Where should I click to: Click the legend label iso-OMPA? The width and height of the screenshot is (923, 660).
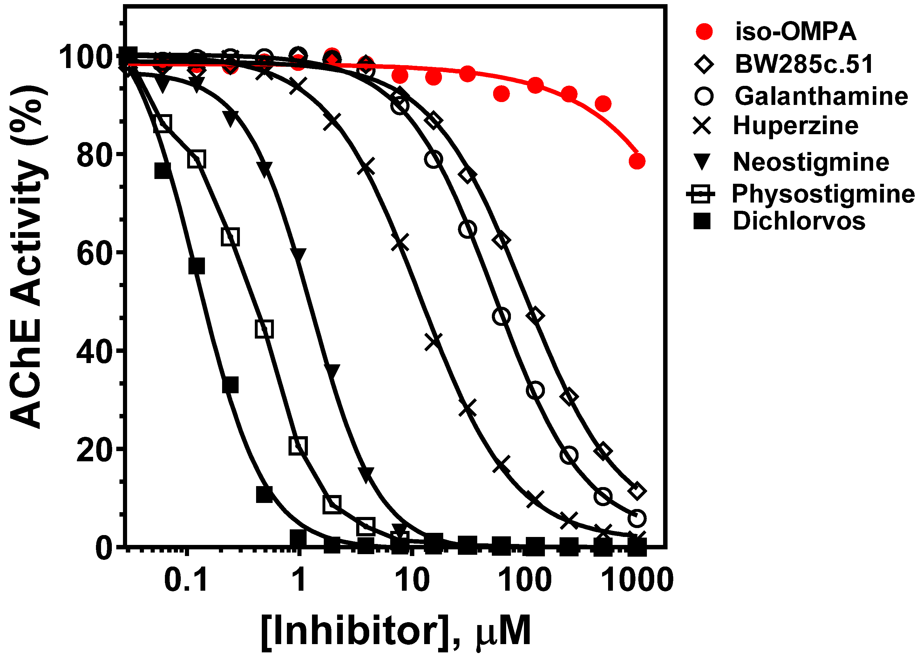795,32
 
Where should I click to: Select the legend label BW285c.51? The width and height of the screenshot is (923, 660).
804,64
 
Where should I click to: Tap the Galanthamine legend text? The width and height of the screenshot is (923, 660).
821,96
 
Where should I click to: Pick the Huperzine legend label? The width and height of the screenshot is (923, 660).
795,126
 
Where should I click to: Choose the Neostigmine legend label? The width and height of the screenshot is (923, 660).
811,162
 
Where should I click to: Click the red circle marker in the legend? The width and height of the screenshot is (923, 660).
704,32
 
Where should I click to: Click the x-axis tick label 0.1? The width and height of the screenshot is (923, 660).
186,580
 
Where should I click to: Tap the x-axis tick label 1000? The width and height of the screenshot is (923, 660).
636,580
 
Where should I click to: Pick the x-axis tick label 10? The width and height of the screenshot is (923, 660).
412,580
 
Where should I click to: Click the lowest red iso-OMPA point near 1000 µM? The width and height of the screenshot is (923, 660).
637,161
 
